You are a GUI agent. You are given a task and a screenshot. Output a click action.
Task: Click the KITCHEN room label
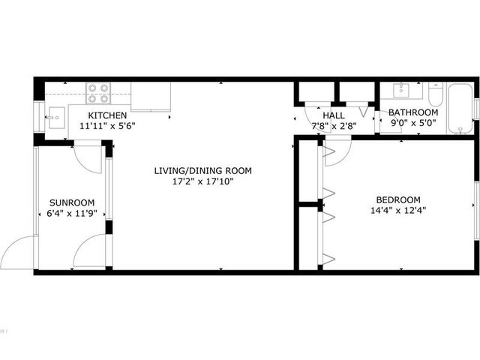point(107,115)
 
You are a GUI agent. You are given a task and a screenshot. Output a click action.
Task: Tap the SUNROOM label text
point(72,202)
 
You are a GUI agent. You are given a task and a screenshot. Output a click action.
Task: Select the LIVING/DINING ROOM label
point(203,170)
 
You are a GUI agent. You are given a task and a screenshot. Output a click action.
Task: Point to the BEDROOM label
point(398,200)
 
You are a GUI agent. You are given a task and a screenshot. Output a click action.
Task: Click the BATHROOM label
point(413,112)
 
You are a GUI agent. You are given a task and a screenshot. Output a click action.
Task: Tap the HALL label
point(334,115)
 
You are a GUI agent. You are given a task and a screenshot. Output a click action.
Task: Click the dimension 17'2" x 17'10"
point(203,181)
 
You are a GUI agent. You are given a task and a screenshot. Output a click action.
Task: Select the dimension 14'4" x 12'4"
point(398,211)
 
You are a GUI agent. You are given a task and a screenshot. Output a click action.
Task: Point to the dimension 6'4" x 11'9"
point(72,213)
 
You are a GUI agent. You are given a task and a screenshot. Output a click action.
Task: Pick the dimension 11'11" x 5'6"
point(107,126)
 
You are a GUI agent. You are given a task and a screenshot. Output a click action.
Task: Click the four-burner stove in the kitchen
point(98,93)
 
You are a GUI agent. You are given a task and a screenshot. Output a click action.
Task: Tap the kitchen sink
point(56,118)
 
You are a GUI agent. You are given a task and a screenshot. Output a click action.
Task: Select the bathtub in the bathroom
point(460,108)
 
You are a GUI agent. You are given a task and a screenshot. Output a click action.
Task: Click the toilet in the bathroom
point(436,94)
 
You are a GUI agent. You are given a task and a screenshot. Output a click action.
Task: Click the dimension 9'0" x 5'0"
point(413,123)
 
